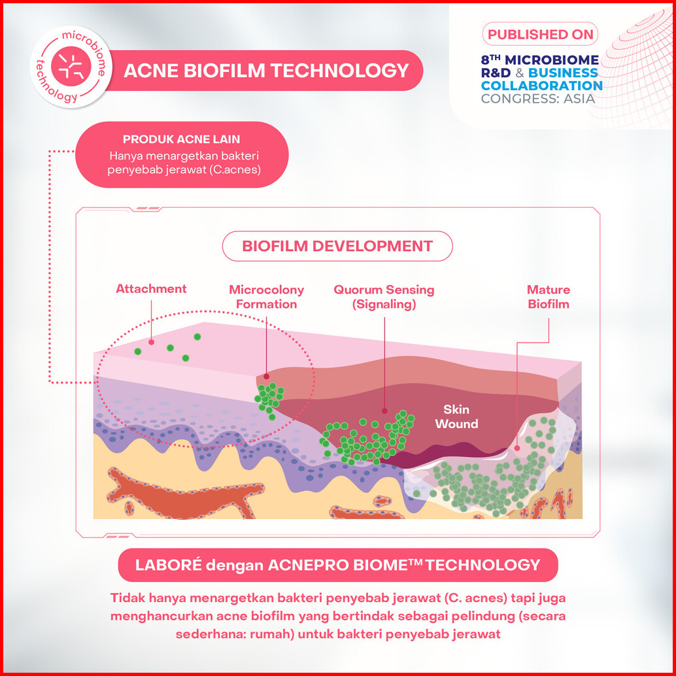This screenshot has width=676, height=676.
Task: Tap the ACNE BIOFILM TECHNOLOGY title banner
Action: coord(266,71)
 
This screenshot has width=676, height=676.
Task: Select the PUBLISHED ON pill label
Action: coord(539,34)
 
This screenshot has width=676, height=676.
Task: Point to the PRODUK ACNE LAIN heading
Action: coord(181,139)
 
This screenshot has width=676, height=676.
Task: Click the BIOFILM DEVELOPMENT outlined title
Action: coord(337,246)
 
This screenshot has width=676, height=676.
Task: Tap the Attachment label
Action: coord(151,289)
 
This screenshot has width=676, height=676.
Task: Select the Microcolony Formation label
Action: coord(266,297)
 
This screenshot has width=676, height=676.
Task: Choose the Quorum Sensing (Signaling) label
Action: coord(384,297)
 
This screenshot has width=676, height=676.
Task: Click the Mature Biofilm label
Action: coord(549,297)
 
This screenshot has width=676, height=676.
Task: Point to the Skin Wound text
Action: coord(456,417)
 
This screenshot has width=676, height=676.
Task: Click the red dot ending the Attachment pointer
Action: coord(152,341)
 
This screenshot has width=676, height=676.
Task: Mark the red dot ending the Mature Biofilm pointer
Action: coord(516,448)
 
